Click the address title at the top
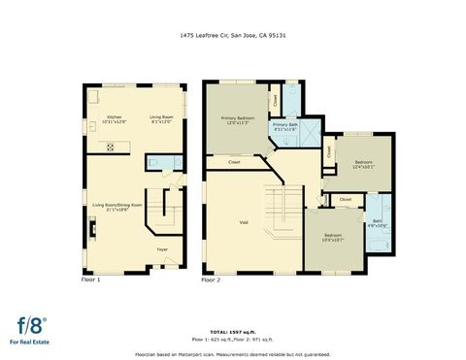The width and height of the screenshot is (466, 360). (232, 35)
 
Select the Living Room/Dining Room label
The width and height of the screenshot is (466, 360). (117, 207)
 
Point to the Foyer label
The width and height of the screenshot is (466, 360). (162, 249)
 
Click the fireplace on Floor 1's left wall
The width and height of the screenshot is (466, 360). (90, 230)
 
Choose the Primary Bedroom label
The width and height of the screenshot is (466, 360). (238, 119)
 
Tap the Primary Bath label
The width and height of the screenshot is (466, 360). (285, 126)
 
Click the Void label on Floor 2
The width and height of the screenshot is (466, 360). (244, 222)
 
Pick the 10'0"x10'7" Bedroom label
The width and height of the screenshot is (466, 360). (332, 237)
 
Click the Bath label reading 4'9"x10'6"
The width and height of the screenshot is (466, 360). (377, 222)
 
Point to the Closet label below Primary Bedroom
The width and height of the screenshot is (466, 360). (234, 162)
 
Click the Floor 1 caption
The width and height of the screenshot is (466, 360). (90, 279)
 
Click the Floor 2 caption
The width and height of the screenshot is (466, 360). (211, 279)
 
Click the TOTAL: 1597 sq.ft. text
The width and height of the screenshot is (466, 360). (232, 331)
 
